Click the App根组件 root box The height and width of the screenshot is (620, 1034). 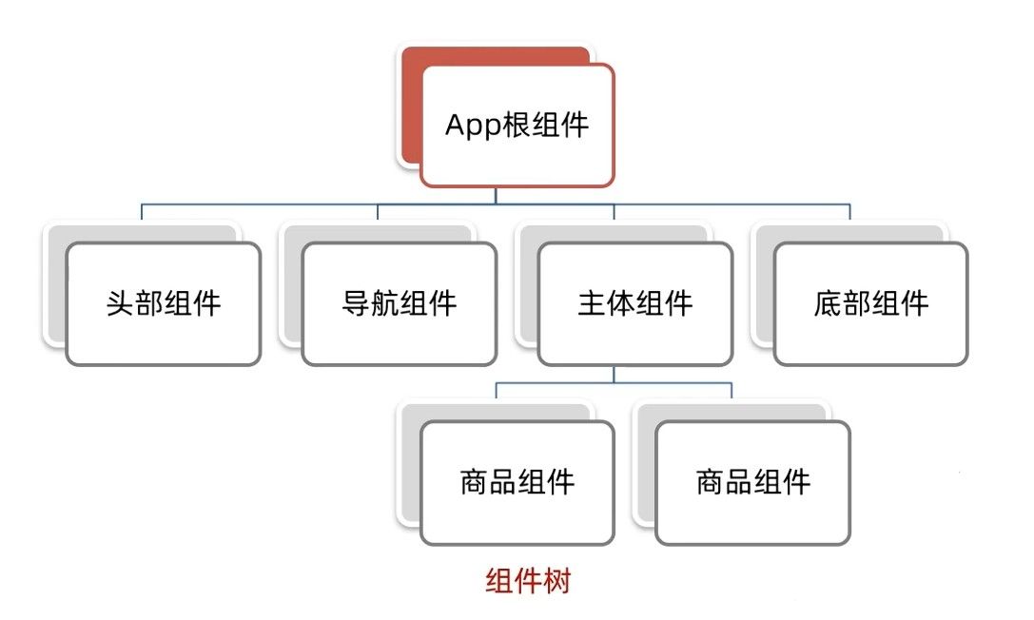click(x=517, y=126)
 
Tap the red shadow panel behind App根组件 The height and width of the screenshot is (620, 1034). click(x=411, y=106)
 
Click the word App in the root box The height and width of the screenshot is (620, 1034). click(x=473, y=126)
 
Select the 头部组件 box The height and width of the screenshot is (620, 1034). click(x=164, y=303)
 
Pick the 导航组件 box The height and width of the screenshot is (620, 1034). click(x=399, y=303)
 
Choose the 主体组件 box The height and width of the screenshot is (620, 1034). click(x=635, y=303)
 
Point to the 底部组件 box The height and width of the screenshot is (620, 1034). click(x=871, y=303)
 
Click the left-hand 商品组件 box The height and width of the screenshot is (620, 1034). click(x=517, y=483)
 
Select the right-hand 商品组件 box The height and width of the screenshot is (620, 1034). click(x=753, y=483)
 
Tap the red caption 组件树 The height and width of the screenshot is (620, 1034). click(x=528, y=581)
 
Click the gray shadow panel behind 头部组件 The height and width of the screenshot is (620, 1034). click(x=57, y=283)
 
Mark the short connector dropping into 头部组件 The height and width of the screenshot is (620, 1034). click(x=142, y=212)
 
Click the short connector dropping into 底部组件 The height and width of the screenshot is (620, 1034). click(x=850, y=212)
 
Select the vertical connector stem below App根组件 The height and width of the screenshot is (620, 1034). click(x=496, y=196)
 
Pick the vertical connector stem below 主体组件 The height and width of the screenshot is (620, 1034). click(x=614, y=375)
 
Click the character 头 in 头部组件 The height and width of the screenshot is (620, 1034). click(x=120, y=303)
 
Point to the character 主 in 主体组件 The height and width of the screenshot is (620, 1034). click(x=592, y=303)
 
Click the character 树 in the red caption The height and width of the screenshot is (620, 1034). click(x=557, y=581)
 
